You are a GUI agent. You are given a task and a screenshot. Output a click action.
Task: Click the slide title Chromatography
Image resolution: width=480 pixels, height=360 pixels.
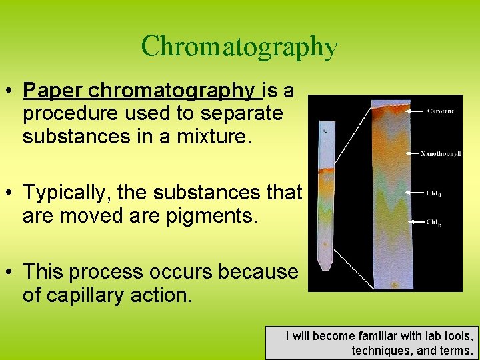point(239,47)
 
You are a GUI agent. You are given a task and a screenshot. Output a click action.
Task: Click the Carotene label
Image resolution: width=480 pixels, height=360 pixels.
point(441,111)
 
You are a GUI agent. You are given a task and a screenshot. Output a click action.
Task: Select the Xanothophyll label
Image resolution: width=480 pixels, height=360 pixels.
point(441,153)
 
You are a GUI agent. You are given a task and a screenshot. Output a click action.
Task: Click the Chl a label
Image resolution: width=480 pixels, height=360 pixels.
point(434,194)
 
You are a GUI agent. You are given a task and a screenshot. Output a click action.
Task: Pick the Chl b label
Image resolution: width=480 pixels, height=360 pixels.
point(434,223)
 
